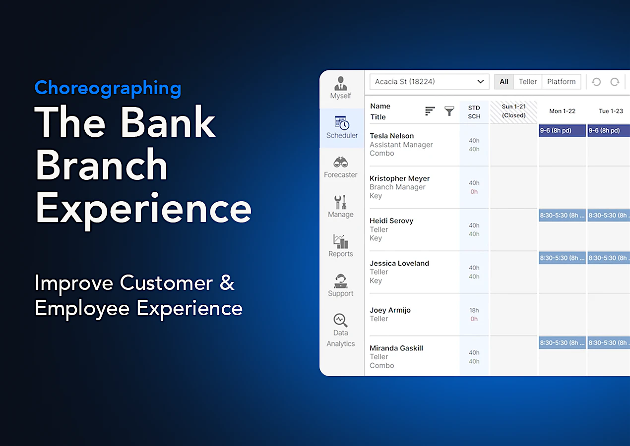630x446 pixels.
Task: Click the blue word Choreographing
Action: coord(108,88)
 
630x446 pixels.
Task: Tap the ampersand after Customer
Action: coord(227,283)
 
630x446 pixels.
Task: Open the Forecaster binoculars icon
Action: coord(341,163)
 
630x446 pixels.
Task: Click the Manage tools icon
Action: coord(341,202)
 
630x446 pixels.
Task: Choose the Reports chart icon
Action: coord(341,241)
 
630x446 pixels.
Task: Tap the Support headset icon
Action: coord(341,281)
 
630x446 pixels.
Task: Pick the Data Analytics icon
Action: coord(341,320)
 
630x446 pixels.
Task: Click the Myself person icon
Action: coord(341,83)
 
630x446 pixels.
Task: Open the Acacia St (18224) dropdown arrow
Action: coord(480,82)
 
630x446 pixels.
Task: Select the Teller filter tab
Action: coord(528,82)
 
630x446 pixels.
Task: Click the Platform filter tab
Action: coord(561,82)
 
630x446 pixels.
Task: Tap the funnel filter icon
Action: coord(449,111)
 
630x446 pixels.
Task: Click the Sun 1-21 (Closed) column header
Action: coord(513,111)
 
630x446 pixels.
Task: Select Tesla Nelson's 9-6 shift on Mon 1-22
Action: coord(562,131)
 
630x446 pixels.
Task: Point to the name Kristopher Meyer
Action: coord(400,178)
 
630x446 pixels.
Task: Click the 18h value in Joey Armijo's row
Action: coord(474,310)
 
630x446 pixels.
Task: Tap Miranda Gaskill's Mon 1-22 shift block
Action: coord(562,343)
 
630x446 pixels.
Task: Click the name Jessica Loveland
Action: coord(399,263)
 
